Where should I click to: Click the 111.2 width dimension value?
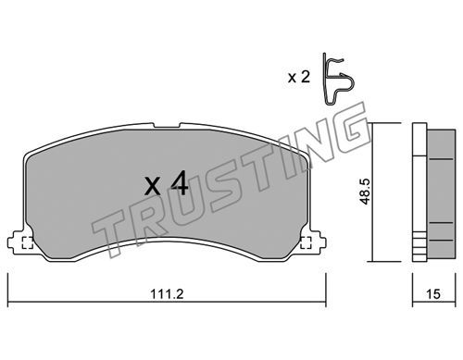coord(167,293)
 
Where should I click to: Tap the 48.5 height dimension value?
coord(365,192)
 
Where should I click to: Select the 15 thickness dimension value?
coord(433,294)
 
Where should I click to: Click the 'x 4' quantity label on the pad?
coord(166,183)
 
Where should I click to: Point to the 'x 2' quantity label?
coord(299,77)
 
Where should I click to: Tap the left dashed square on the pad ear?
coord(28,242)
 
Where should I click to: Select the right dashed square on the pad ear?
coord(306,242)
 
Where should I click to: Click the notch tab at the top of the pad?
coord(167,126)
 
